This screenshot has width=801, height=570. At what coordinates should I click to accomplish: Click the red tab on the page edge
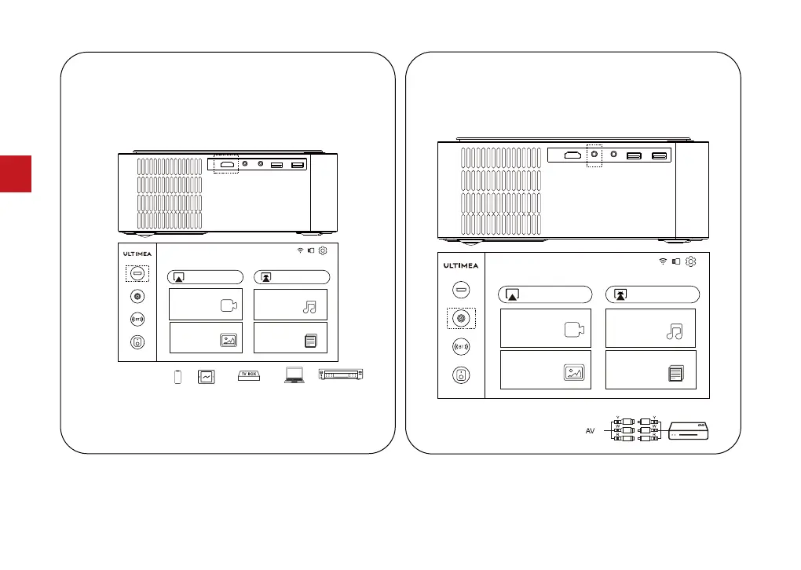pos(16,174)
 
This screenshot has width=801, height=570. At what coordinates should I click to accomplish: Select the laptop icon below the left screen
pos(294,376)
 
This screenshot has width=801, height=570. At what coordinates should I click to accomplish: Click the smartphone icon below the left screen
pos(177,377)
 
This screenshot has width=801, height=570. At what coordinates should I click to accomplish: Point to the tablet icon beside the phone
pos(206,377)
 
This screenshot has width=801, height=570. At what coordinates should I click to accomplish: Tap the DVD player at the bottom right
pos(688,433)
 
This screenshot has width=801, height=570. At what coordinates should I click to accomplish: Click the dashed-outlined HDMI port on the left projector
pos(228,165)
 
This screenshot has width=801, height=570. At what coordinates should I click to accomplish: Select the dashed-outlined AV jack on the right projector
pos(594,155)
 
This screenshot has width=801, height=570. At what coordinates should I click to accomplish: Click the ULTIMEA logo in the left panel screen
pos(137,254)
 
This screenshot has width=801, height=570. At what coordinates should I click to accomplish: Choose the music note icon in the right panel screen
pos(675,331)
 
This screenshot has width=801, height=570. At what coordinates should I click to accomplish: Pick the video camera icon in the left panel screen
pos(228,307)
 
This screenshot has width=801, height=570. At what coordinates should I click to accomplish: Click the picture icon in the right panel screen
pos(574,374)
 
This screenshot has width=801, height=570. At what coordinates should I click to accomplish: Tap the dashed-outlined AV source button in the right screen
pos(461,319)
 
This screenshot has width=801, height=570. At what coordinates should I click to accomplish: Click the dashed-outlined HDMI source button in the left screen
pos(137,273)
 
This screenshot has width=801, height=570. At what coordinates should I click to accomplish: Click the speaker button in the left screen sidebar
pos(137,342)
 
